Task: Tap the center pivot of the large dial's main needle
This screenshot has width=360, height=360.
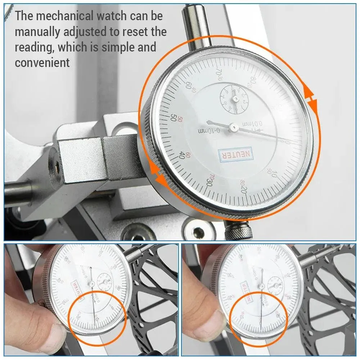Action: pos(234,127)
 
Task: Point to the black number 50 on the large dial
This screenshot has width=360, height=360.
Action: pos(174,118)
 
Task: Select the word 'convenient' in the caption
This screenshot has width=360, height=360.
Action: pos(42,63)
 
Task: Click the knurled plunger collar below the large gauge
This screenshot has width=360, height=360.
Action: pos(239,230)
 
